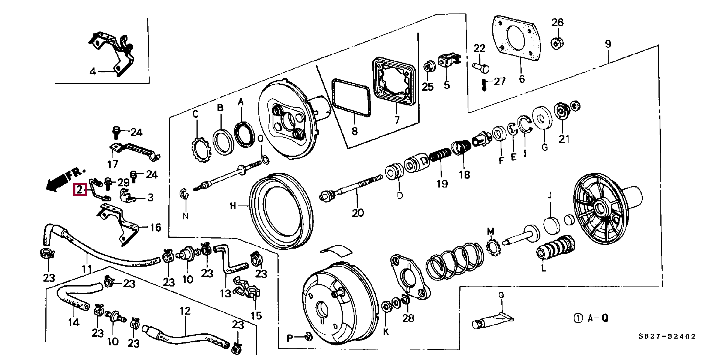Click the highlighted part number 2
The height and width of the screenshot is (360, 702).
(79, 190)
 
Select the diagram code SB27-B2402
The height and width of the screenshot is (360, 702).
(667, 337)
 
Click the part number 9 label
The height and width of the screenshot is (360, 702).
(608, 44)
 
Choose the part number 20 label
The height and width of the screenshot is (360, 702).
(358, 213)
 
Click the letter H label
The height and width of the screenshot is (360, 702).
(233, 205)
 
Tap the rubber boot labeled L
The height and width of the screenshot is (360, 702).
(555, 247)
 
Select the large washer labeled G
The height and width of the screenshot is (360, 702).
(541, 118)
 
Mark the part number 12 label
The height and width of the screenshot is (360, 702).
(185, 311)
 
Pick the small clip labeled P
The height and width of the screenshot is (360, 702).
(307, 337)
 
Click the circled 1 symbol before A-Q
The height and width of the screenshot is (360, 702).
(578, 318)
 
